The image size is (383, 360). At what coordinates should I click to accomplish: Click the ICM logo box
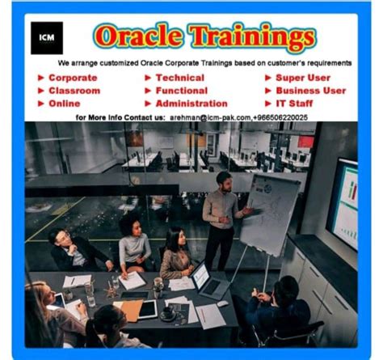coord(46,38)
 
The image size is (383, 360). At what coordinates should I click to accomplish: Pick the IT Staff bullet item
coord(297,104)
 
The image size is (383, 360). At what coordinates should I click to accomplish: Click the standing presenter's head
coord(224,178)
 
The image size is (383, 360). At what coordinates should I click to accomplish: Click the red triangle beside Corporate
coord(40,78)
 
